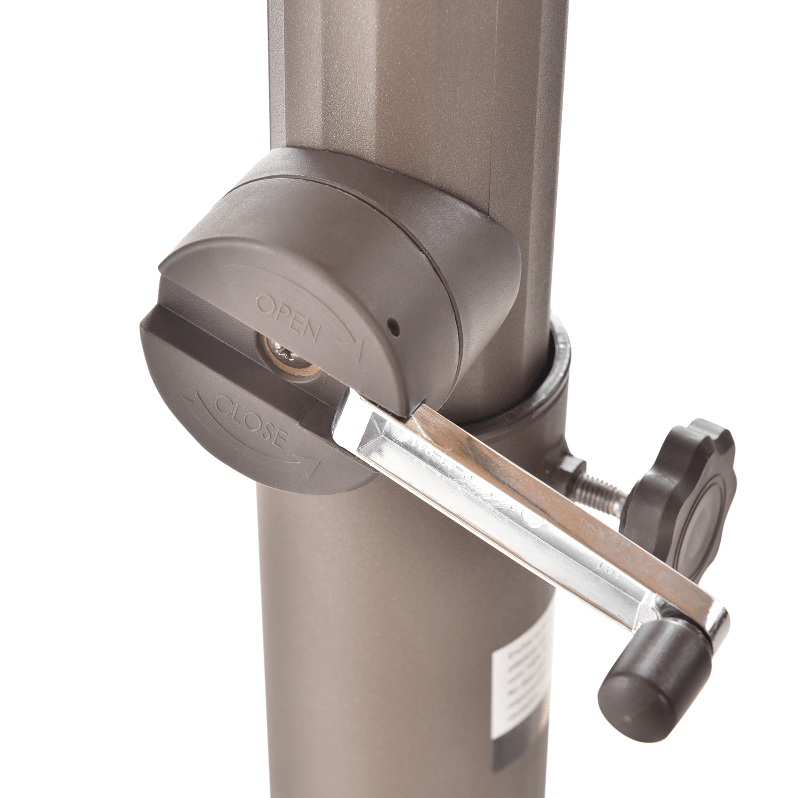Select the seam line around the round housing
tap(436, 291)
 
